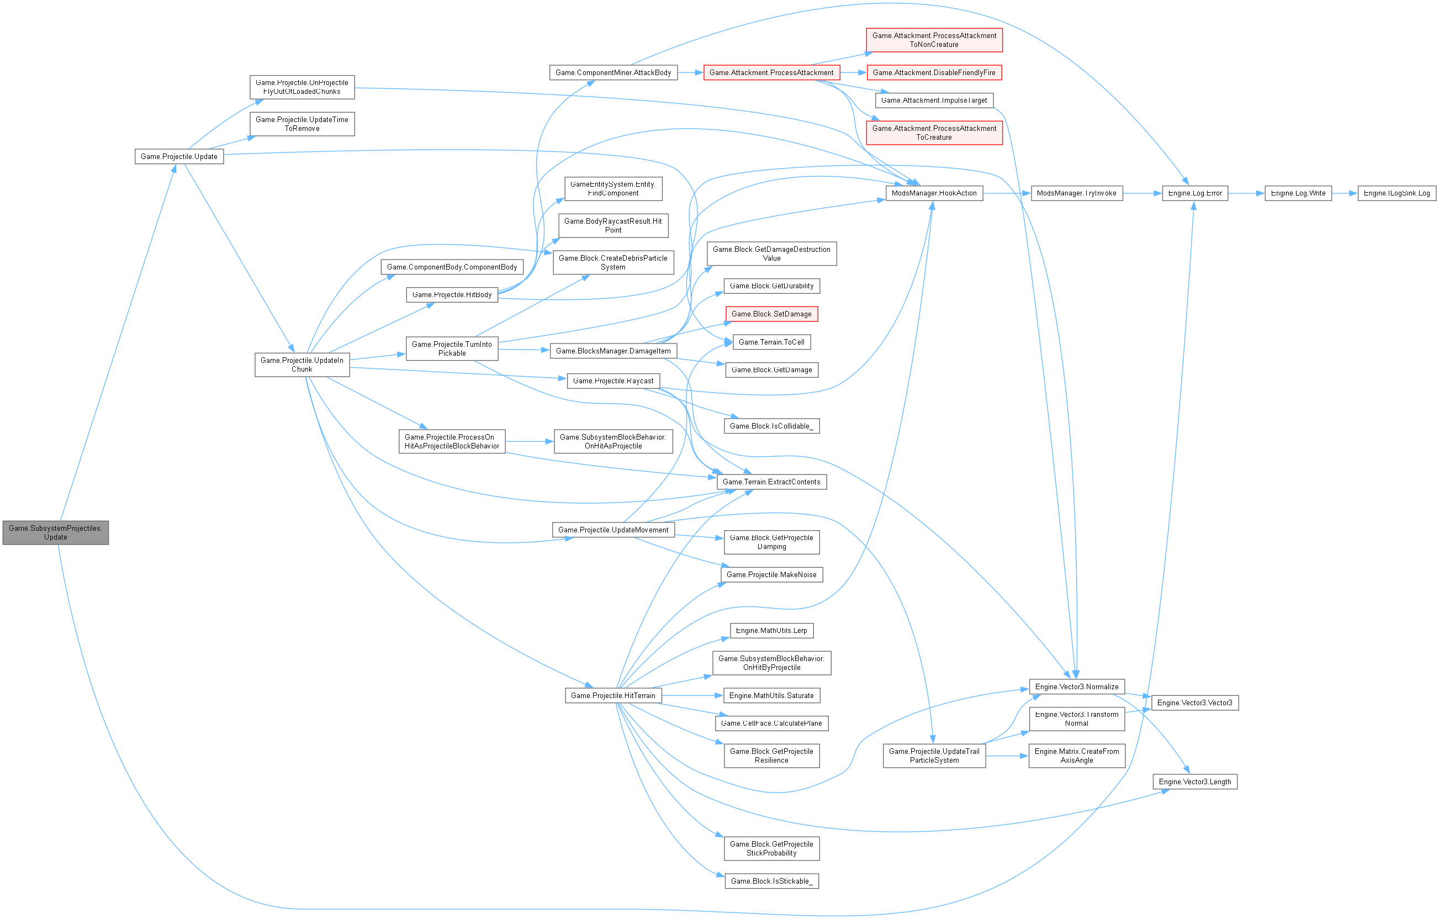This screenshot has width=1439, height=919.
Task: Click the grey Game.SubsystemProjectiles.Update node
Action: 56,532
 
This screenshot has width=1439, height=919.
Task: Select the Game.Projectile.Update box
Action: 179,156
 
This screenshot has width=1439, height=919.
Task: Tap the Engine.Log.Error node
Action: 1194,193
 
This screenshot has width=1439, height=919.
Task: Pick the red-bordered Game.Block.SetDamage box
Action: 771,314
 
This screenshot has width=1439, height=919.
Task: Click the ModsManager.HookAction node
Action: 933,193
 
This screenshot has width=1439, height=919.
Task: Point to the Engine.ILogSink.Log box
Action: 1396,193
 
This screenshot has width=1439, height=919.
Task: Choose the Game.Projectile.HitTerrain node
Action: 612,695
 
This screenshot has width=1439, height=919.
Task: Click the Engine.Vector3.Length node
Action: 1194,781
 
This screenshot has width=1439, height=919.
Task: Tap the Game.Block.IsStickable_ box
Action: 771,881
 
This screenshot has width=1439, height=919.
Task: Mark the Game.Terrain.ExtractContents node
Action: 771,482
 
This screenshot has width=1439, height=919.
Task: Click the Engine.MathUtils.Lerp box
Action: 771,630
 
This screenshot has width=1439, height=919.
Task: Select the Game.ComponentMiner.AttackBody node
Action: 612,72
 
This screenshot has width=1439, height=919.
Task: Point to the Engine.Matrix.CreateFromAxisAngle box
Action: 1076,756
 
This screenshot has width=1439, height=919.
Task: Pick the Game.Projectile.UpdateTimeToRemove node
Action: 302,124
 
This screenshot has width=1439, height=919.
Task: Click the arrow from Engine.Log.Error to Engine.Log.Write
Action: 1246,193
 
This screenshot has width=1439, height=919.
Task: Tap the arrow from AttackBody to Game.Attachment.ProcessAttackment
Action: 690,72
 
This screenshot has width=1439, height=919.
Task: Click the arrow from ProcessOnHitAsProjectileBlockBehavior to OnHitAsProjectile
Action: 530,442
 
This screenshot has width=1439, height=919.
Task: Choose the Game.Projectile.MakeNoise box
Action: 771,574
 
